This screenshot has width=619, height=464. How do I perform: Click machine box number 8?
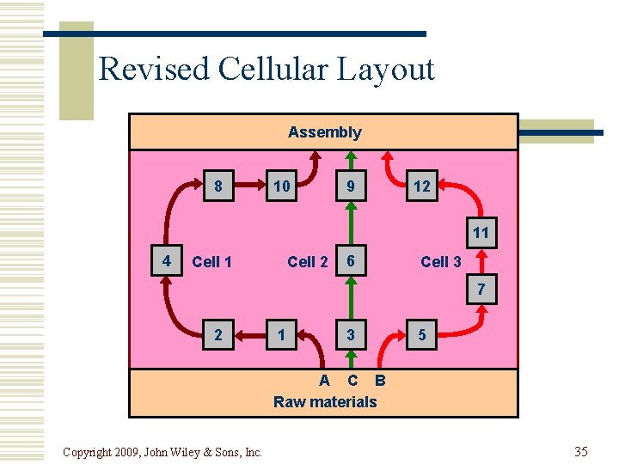218,186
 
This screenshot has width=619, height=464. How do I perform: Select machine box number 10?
281,186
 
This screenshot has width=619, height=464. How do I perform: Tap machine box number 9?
350,186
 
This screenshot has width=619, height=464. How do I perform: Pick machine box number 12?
421,186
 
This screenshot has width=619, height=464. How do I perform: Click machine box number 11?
481,232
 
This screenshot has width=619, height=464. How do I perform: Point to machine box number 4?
166,260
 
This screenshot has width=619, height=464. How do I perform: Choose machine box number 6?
350,261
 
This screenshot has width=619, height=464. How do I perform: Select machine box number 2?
218,335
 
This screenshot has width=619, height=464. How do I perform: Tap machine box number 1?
281,335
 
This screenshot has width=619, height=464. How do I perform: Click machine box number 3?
350,335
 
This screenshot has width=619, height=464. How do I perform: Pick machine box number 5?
421,335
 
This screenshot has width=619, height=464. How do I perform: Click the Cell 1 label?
211,262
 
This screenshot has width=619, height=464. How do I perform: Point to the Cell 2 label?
307,262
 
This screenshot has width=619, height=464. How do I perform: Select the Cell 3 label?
441,262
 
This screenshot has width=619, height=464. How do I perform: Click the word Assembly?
324,132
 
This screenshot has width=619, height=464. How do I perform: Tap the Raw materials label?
325,401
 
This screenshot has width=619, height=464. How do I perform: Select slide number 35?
580,451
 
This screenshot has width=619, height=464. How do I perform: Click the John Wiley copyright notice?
162,452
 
